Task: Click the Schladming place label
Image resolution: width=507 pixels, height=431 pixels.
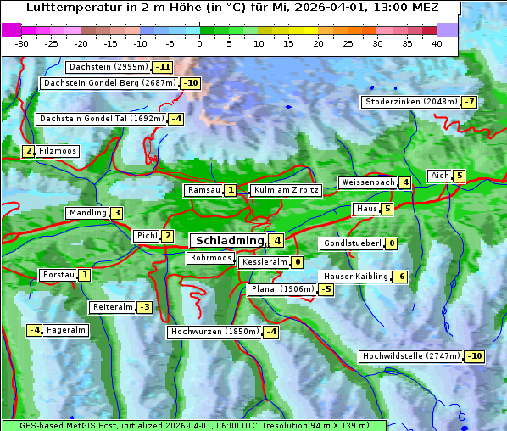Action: [x=226, y=241]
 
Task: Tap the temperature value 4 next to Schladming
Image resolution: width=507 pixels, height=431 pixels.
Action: [x=276, y=241]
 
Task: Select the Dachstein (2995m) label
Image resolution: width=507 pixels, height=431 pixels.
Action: [x=107, y=67]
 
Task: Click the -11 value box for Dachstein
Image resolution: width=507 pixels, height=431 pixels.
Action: [x=162, y=67]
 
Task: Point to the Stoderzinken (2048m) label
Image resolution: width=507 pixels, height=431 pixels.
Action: [x=410, y=102]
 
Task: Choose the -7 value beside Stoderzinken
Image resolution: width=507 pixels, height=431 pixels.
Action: [x=470, y=102]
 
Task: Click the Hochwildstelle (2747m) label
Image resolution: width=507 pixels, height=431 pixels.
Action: [x=410, y=356]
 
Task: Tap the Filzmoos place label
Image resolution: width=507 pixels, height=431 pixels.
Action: [x=58, y=151]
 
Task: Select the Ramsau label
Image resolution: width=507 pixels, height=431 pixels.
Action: [x=204, y=191]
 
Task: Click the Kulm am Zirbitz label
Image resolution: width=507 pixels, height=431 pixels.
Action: [x=286, y=191]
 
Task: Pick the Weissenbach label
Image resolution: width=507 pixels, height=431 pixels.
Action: [x=367, y=182]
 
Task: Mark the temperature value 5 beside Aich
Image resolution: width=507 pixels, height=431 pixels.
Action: [x=459, y=176]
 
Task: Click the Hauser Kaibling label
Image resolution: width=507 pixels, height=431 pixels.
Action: [x=355, y=277]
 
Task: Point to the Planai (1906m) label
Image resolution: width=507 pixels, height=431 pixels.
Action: [x=282, y=289]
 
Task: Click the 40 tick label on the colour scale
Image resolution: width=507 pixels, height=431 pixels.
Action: [x=437, y=43]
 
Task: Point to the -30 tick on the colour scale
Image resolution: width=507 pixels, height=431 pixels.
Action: [x=22, y=43]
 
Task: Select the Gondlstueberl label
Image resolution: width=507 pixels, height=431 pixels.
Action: [x=351, y=243]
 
